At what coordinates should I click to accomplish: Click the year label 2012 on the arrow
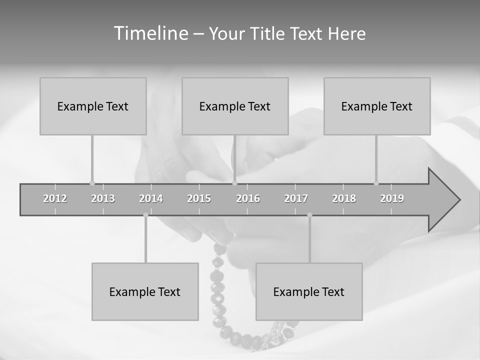tap(55, 199)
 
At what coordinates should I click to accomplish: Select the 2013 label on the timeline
tap(103, 199)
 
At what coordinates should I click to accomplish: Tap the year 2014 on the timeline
tap(151, 199)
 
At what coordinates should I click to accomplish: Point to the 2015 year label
tap(199, 199)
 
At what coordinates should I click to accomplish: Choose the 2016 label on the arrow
tap(248, 199)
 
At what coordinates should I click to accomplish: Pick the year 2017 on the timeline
tap(296, 199)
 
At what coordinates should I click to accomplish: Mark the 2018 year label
tap(344, 199)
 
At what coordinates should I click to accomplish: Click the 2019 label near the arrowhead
tap(392, 199)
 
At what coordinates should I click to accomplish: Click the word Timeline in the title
tap(150, 33)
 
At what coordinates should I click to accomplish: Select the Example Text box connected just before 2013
tap(93, 106)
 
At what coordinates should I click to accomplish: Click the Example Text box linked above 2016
tap(235, 106)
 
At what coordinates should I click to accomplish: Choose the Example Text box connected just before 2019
tap(377, 106)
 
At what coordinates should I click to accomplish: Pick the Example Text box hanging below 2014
tap(145, 291)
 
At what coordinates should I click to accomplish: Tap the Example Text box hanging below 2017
tap(309, 291)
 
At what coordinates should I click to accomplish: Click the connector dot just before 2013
tap(92, 183)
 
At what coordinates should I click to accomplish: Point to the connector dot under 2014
tap(145, 215)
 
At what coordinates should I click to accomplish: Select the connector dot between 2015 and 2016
tap(234, 183)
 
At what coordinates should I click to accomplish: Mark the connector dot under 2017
tap(309, 215)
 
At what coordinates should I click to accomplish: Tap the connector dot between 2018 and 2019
tap(376, 183)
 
